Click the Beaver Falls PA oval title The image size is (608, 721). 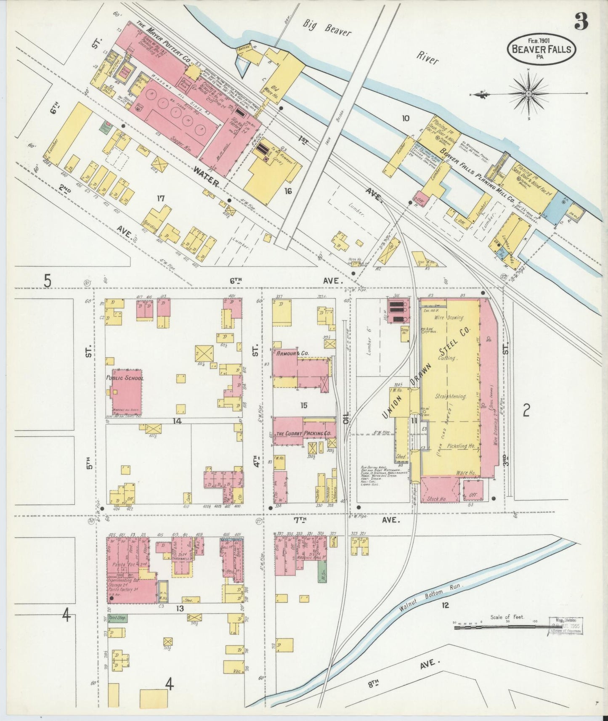point(541,49)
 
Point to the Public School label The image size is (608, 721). point(125,378)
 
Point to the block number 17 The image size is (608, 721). point(160,198)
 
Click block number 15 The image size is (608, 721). point(304,405)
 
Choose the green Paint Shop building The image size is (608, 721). point(117,618)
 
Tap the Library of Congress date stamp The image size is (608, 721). point(566,623)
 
